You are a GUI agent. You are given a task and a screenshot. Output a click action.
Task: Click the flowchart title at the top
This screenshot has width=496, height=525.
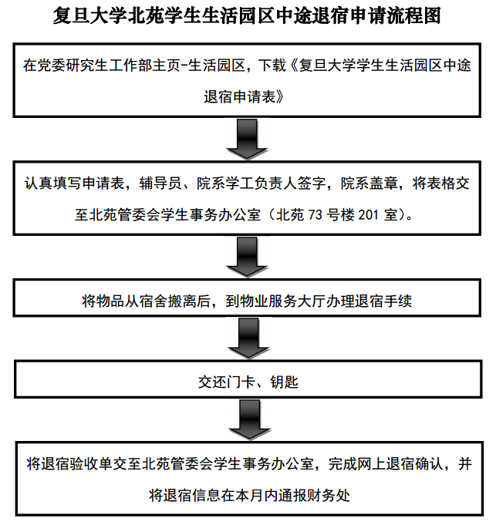[x=247, y=15]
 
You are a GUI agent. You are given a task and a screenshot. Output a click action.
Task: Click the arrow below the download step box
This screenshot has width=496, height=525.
[x=247, y=139]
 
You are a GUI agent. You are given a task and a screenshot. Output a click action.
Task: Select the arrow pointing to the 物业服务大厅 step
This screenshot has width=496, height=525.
[x=247, y=257]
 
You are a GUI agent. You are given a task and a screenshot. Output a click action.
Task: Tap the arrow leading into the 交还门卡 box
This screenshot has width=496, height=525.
[x=248, y=338]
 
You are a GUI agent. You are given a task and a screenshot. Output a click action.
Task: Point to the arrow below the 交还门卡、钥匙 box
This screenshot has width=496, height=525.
[x=249, y=420]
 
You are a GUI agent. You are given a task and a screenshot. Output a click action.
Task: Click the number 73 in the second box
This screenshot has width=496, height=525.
[x=315, y=214]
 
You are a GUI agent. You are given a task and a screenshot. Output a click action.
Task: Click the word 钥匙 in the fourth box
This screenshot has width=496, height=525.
[x=284, y=382]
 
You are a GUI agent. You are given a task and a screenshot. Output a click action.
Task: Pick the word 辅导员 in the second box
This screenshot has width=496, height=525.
[x=160, y=183]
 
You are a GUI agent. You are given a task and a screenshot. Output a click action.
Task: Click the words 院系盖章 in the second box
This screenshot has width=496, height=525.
[x=369, y=183]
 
